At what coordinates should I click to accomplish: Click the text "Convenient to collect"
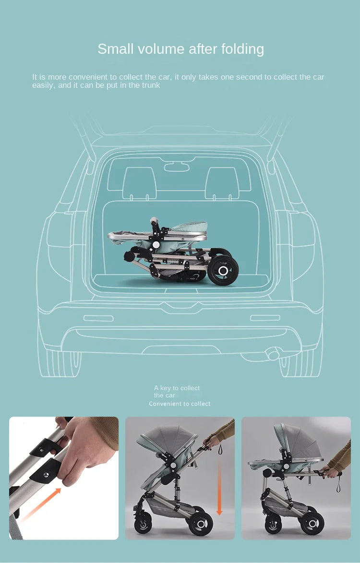[x=180, y=404]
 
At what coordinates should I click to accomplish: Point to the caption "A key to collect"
[x=177, y=388]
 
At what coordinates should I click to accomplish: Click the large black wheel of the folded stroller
[x=223, y=271]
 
